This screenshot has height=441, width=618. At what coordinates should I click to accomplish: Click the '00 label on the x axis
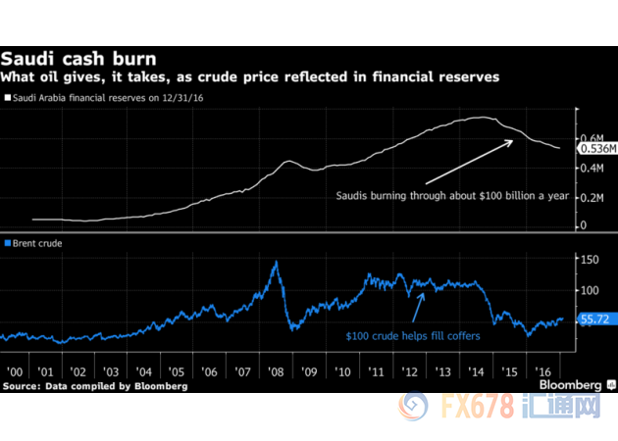(17, 373)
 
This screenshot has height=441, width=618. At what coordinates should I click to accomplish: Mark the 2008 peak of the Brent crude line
(276, 261)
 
